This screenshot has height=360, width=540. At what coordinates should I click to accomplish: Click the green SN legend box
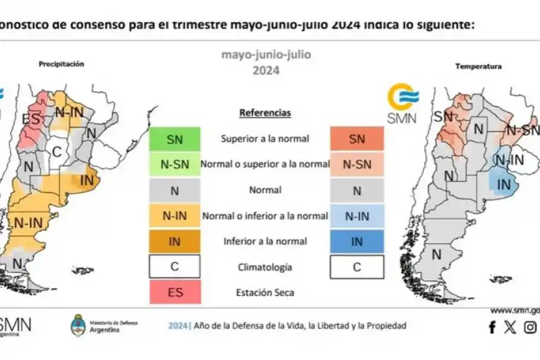(x=175, y=139)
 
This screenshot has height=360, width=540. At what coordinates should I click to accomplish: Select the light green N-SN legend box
(x=175, y=164)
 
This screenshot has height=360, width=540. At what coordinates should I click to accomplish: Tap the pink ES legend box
(x=175, y=292)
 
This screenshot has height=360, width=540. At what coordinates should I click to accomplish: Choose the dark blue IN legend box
(x=356, y=241)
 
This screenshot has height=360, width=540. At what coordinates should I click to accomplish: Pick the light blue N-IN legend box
(x=356, y=215)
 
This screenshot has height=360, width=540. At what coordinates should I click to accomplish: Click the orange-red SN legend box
(x=356, y=139)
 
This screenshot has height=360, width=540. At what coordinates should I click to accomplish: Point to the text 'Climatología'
(x=265, y=267)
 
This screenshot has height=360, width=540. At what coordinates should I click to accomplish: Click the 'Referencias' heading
(x=265, y=113)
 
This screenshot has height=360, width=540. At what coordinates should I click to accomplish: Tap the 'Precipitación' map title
(x=61, y=64)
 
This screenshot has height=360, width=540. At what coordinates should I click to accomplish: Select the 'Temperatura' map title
(x=478, y=67)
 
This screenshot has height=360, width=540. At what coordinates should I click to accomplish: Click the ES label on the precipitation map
(x=31, y=119)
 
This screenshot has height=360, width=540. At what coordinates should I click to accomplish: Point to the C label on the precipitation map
(x=56, y=152)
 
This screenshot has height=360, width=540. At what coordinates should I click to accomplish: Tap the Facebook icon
(x=492, y=328)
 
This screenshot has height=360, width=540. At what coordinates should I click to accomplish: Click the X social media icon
(x=510, y=328)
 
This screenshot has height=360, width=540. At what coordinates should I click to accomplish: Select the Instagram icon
(x=530, y=328)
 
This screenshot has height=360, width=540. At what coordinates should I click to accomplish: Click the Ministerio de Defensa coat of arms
(x=78, y=325)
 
